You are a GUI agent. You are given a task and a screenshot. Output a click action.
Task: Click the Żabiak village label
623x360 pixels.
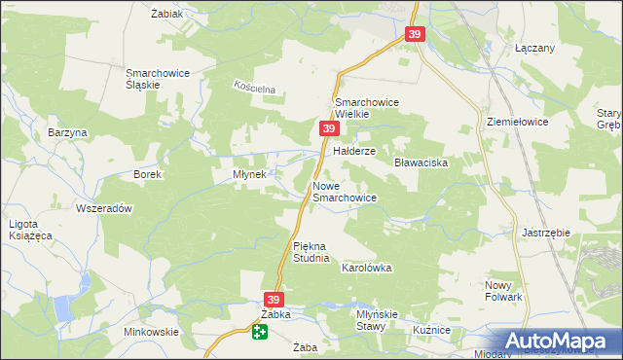[x=168, y=14]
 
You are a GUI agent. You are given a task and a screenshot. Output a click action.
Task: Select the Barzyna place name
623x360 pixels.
[x=68, y=132]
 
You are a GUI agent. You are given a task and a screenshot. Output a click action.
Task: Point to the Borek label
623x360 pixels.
[x=146, y=174]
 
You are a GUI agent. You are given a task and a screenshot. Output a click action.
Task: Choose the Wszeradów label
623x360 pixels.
[x=103, y=208]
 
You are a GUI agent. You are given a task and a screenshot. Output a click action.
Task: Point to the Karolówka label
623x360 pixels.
[x=366, y=267]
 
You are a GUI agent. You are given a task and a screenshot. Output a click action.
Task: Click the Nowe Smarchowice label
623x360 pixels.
[x=344, y=191]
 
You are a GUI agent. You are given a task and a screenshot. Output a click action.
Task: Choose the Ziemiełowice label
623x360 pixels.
[x=518, y=123]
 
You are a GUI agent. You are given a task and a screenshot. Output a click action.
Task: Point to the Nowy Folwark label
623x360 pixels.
[x=504, y=290]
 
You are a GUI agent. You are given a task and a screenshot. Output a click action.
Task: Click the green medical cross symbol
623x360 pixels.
[x=260, y=333]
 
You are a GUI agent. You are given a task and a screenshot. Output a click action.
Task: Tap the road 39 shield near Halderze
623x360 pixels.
[x=329, y=128]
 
